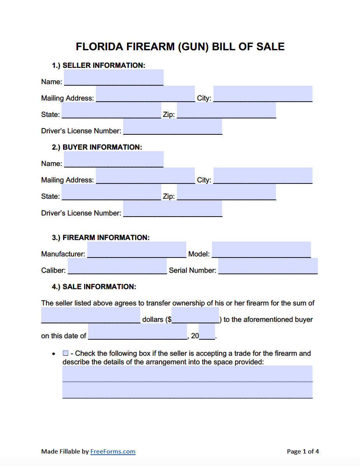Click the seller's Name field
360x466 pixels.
113,78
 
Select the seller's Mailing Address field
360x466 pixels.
145,94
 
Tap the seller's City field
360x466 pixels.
263,94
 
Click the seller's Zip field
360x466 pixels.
226,110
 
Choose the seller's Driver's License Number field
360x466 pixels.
173,127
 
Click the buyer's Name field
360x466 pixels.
113,159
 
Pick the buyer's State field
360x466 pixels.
111,192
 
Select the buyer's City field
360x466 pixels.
263,176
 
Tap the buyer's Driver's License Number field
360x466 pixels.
173,208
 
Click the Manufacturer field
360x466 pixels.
136,250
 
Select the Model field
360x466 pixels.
261,250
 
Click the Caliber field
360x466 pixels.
117,266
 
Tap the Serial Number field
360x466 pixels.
268,266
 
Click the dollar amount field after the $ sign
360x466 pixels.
195,315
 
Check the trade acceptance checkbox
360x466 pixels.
65,353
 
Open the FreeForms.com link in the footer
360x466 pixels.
113,452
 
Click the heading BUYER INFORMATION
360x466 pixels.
102,147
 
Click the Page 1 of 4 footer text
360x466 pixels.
303,452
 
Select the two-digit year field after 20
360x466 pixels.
207,332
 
